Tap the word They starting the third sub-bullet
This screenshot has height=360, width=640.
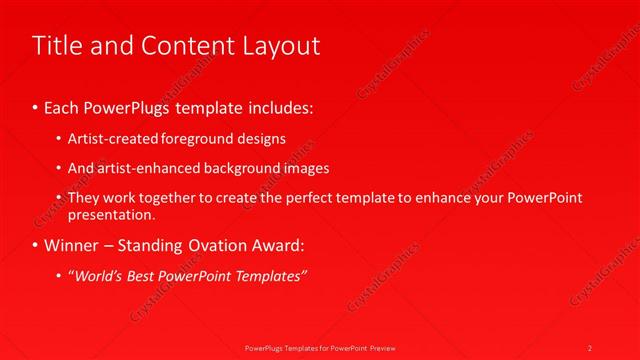(84, 198)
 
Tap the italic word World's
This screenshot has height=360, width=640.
(98, 275)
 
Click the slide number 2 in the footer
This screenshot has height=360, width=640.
(590, 347)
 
